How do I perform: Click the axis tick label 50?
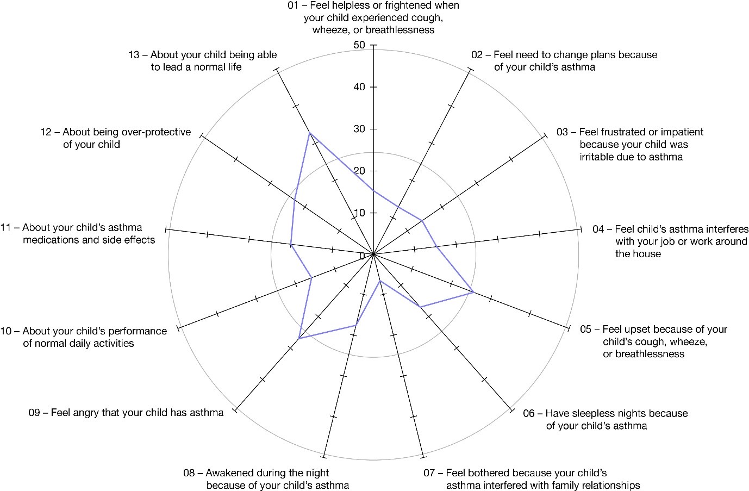click(x=359, y=45)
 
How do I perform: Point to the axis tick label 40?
click(x=359, y=87)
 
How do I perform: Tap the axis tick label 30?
click(x=359, y=129)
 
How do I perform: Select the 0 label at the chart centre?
click(x=362, y=256)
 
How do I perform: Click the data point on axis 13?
click(x=310, y=133)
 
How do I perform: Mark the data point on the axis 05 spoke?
click(x=473, y=293)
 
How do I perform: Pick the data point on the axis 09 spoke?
click(x=299, y=339)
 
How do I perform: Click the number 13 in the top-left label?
click(x=134, y=55)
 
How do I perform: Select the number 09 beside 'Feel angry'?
click(x=34, y=413)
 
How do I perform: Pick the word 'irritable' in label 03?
click(x=596, y=157)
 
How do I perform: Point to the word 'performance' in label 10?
click(x=135, y=332)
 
